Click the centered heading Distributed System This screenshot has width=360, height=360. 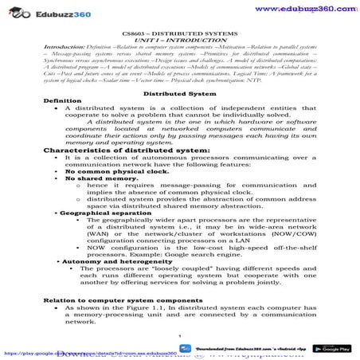pos(181,93)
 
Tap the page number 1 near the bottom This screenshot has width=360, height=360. pos(181,337)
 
